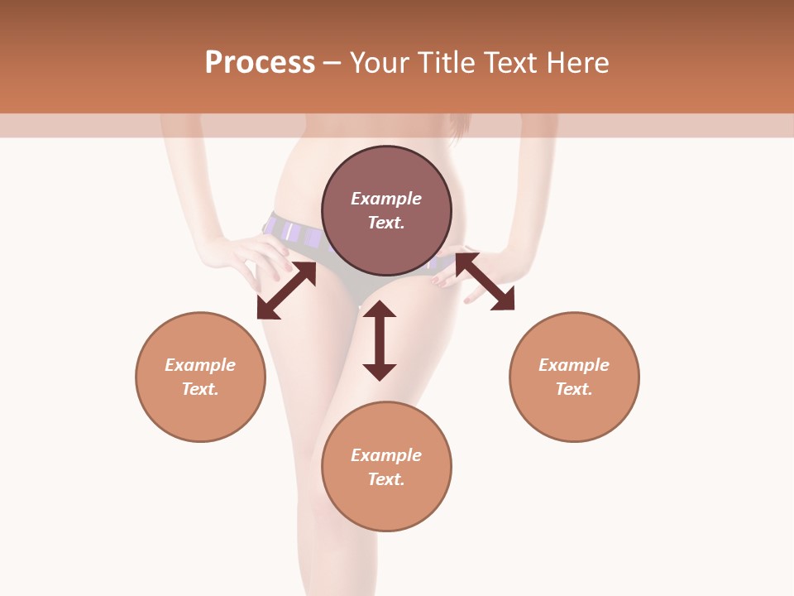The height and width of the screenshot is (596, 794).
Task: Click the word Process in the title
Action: pos(260,63)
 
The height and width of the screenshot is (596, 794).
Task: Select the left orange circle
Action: pos(200,414)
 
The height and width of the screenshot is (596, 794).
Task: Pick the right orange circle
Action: pos(574,414)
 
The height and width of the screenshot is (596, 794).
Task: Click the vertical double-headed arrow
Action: pos(380,340)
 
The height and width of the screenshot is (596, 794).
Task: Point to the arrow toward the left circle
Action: pos(286,291)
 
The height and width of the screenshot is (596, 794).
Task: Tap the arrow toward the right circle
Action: pos(485,281)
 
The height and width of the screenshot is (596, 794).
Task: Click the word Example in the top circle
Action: pos(386,199)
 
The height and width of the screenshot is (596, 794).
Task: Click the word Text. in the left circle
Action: pos(200,389)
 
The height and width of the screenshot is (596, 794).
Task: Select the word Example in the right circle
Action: pos(574,365)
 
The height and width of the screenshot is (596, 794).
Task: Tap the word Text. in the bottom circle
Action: pos(386,479)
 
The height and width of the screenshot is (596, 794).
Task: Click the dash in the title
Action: pos(332,63)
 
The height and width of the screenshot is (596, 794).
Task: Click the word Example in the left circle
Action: pos(200,365)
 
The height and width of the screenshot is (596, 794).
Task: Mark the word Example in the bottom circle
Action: pos(386,455)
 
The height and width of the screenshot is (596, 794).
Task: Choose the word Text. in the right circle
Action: pos(574,389)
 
